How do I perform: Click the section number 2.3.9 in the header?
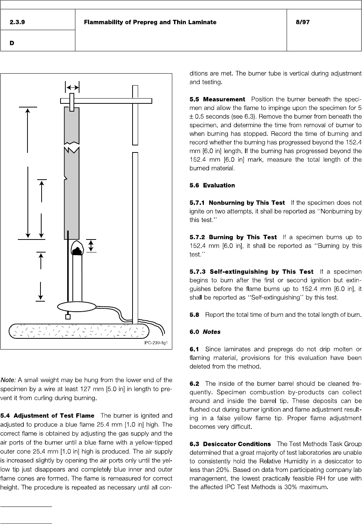[17, 22]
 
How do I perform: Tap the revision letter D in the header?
[12, 43]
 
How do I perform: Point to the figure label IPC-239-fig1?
[156, 343]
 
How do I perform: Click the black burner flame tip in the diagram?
[77, 251]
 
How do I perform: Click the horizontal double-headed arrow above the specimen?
[72, 87]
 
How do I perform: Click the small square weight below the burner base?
[68, 317]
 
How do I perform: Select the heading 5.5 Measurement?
[217, 99]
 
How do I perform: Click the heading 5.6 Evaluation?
[212, 185]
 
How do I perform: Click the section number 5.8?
[194, 315]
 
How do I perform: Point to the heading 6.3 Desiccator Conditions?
[230, 444]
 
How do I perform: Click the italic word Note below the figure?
[8, 380]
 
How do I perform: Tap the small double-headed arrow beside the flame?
[91, 246]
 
